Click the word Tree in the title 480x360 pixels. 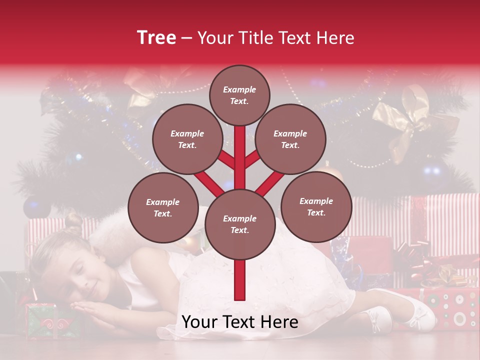click(x=156, y=38)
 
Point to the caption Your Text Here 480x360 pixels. click(x=240, y=322)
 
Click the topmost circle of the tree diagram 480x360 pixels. click(x=239, y=95)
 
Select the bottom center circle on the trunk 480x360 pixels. click(x=239, y=224)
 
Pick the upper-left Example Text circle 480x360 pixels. click(x=187, y=139)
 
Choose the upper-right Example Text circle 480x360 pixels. click(x=290, y=139)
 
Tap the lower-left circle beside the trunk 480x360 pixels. click(x=162, y=208)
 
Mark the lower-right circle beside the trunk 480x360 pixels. click(x=316, y=207)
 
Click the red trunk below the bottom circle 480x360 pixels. click(x=240, y=280)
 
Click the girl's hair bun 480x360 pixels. click(x=73, y=221)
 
